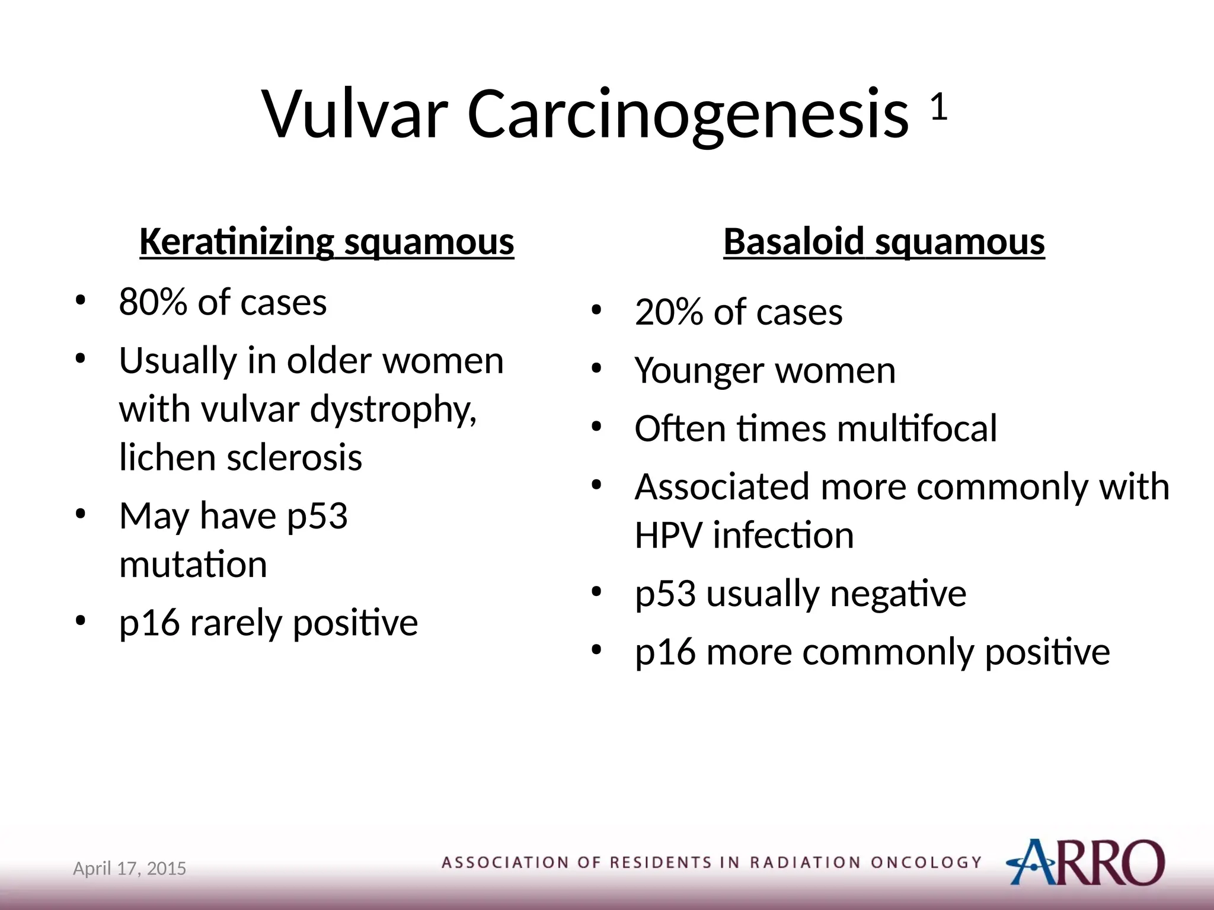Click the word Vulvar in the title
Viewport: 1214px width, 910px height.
pos(354,114)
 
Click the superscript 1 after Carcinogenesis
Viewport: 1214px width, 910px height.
pos(938,107)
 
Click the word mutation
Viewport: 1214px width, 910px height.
pos(193,564)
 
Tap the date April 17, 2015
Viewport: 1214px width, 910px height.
pos(129,869)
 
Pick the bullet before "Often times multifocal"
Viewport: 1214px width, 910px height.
pos(596,426)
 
